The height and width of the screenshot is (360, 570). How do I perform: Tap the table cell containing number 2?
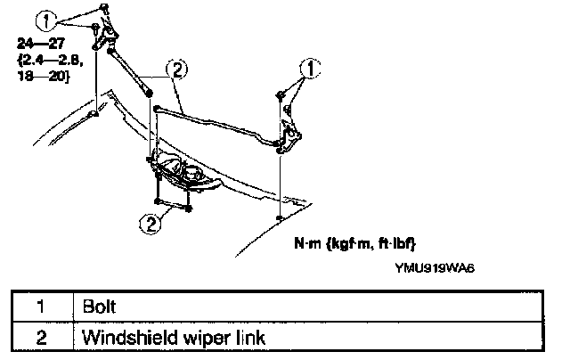point(41,338)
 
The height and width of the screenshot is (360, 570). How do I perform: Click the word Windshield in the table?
point(119,338)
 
